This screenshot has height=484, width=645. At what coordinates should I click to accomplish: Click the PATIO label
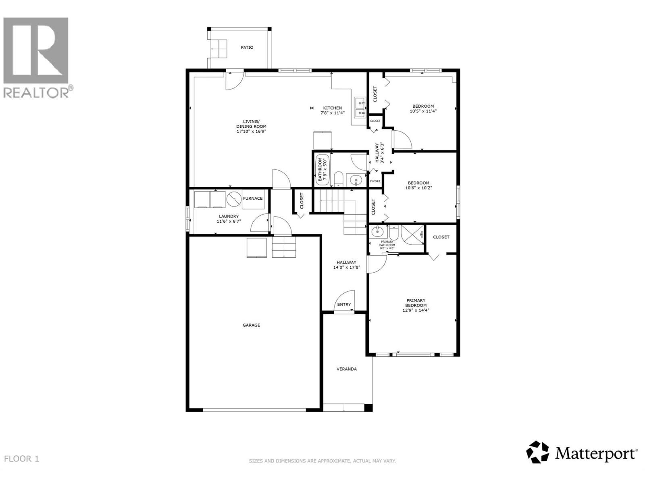tap(247, 48)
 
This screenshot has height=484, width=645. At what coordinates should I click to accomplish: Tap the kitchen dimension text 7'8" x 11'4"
tap(332, 113)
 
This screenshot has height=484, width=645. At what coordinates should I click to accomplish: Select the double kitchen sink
tap(360, 107)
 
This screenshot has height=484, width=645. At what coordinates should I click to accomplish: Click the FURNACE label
tap(253, 198)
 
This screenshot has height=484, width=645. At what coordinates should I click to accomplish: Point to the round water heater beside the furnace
tap(233, 199)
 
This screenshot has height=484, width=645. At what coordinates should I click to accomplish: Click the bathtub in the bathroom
tap(322, 170)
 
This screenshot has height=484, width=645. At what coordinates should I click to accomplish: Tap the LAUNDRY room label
tap(229, 217)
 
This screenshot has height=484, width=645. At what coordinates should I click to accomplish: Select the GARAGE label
tap(251, 325)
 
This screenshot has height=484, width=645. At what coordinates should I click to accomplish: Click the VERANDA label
tap(347, 369)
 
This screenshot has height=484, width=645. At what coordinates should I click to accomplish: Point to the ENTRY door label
tap(344, 305)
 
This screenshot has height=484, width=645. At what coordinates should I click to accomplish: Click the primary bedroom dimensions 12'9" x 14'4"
tap(416, 311)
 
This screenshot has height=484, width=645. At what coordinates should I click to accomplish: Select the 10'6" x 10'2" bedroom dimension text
tap(418, 188)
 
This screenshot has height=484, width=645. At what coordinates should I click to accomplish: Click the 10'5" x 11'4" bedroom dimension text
tap(423, 111)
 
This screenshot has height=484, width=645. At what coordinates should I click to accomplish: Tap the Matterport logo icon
tap(538, 452)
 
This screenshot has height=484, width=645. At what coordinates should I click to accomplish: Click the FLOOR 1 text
tap(21, 459)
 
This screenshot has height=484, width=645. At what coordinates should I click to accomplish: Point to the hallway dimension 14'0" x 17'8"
tap(346, 267)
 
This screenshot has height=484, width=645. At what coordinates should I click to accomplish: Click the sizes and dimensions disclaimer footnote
tap(322, 461)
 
